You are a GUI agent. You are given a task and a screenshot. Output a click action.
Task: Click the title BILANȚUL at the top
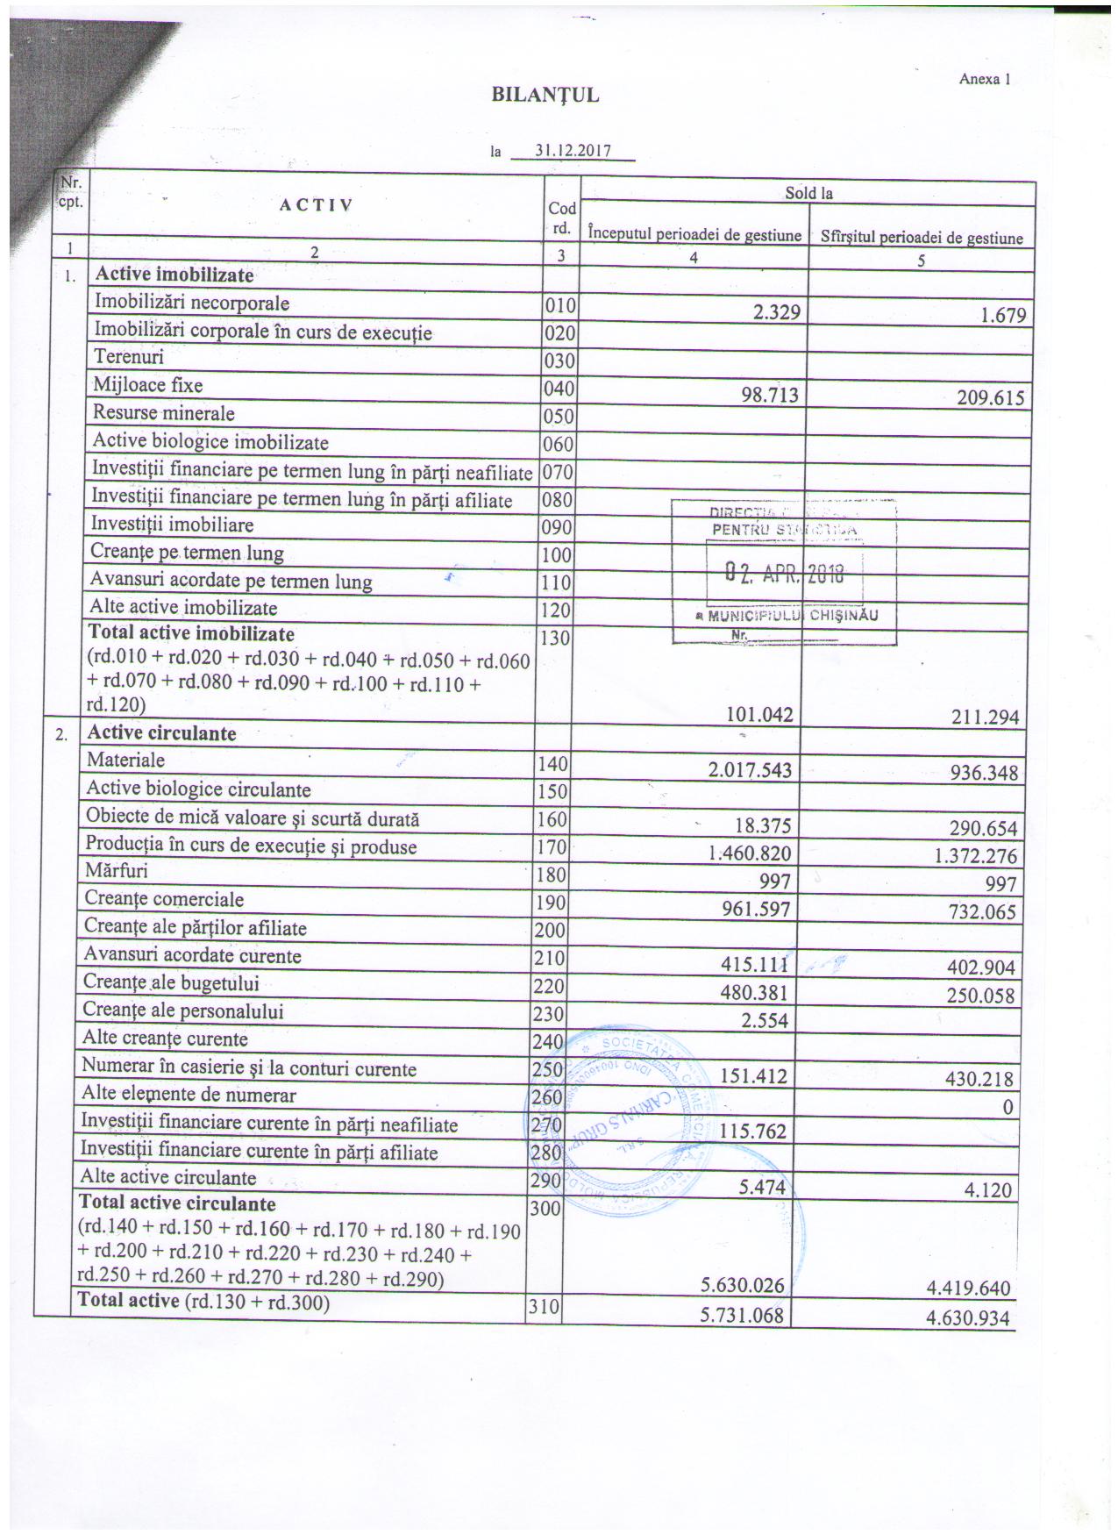[x=545, y=95]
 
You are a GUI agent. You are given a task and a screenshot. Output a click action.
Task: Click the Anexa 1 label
[x=986, y=79]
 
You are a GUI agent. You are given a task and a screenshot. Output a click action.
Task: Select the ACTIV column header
[x=316, y=205]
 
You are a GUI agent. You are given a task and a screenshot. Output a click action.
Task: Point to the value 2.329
[x=770, y=311]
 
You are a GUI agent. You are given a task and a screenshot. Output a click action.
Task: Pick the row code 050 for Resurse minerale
[x=559, y=417]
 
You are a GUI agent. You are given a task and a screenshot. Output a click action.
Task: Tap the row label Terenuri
[x=129, y=357]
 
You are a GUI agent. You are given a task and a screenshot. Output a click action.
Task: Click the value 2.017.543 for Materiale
[x=750, y=770]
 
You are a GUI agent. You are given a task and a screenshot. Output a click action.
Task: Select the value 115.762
[x=752, y=1132]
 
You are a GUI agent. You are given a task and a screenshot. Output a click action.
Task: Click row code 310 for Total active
[x=543, y=1309]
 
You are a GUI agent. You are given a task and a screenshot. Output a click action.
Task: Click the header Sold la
[x=808, y=193]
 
